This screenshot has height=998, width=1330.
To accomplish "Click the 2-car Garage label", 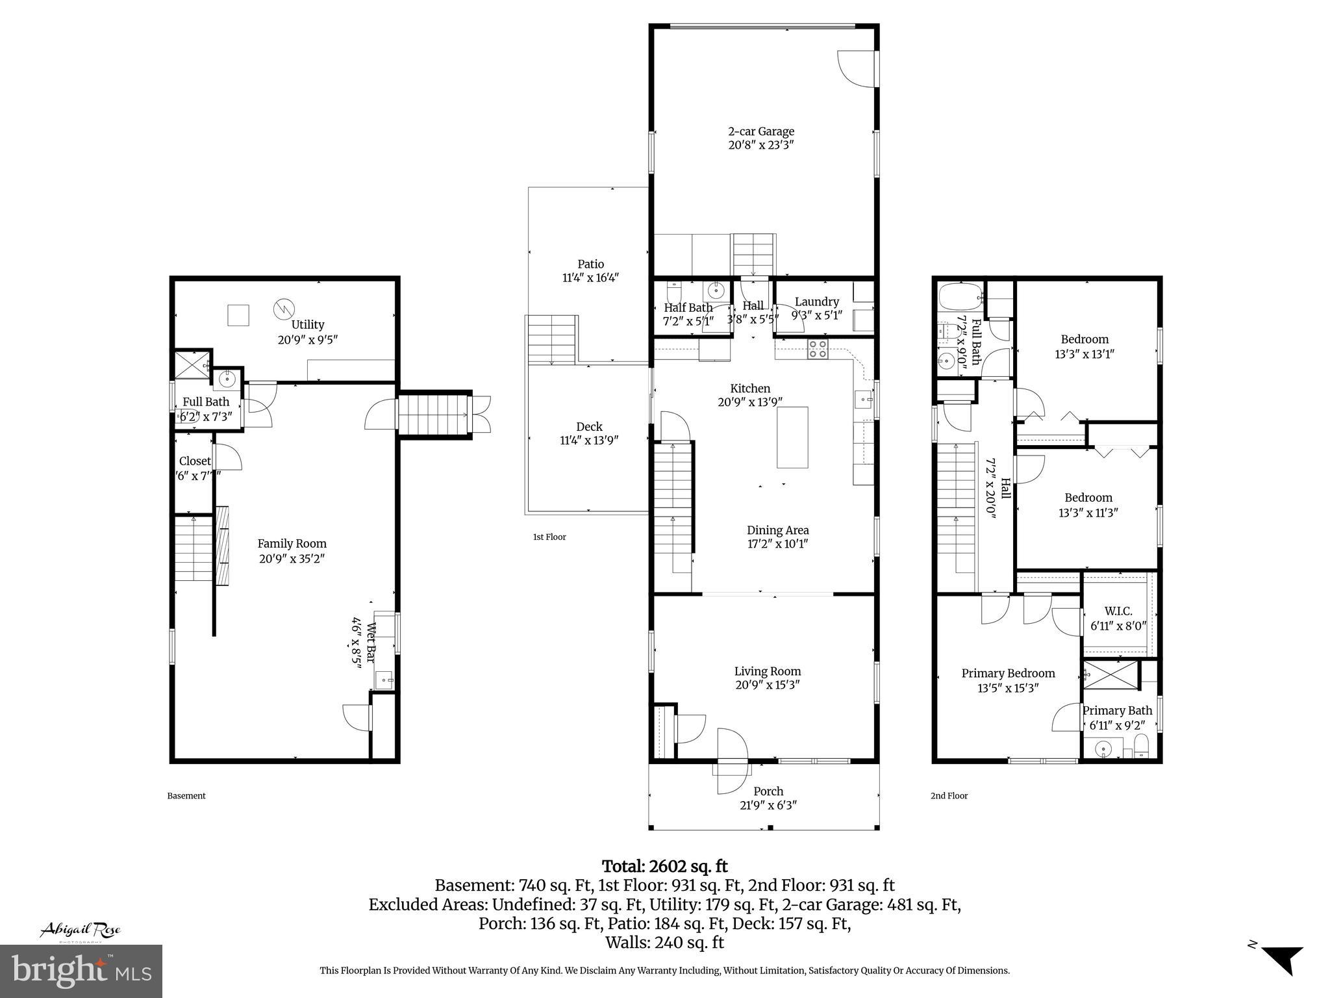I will pos(760,131).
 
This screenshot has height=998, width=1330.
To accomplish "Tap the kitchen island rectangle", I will pos(792,437).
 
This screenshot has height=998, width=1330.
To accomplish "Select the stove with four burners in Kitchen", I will pos(817,350).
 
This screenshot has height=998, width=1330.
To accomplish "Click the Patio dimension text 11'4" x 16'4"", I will pos(590,278).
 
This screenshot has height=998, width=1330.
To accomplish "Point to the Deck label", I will pos(589,427).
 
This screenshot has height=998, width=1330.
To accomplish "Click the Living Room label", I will pos(767,671).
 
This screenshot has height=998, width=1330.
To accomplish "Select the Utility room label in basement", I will pos(307,325).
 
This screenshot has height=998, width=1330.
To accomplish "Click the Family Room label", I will pos(292,544).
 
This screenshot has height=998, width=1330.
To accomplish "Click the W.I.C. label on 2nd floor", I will pos(1118,611).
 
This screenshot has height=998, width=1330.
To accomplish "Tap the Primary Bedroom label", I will pos(1008,673).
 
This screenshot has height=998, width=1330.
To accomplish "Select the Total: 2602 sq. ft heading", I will pos(664,866).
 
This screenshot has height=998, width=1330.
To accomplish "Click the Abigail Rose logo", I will pos(81,930).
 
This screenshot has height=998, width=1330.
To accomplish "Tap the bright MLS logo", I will pos(81,971).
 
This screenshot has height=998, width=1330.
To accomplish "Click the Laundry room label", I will pos(816,301).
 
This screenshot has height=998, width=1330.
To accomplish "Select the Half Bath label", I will pos(688,308).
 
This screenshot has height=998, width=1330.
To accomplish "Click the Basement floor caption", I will pos(186,796).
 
